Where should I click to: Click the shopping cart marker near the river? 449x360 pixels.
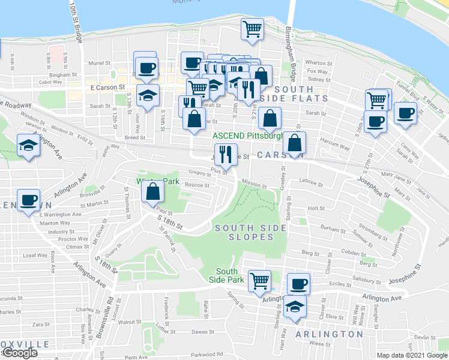pos(253,28)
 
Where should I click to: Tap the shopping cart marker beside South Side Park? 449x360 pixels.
pos(259,280)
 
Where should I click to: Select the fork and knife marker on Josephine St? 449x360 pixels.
pos(226,154)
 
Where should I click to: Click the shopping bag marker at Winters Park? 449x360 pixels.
pos(153,191)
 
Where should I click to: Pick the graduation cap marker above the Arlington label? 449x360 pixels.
pos(294,307)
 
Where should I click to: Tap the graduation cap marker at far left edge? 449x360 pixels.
pos(28,146)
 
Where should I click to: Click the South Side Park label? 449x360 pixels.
pos(230,275)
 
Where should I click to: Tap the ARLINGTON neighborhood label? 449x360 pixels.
pos(330,334)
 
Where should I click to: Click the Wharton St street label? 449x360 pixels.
pos(318,62)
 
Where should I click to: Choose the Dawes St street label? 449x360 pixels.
pos(202,331)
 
